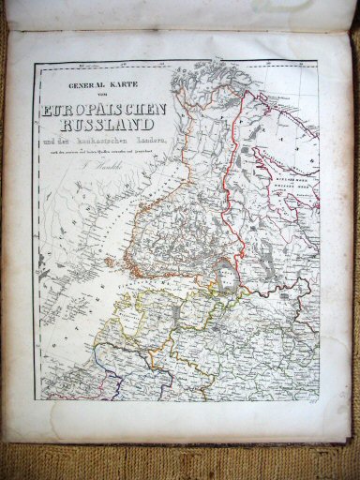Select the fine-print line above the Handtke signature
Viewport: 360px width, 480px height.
point(98,151)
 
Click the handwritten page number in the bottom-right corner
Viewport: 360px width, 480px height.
point(336,424)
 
